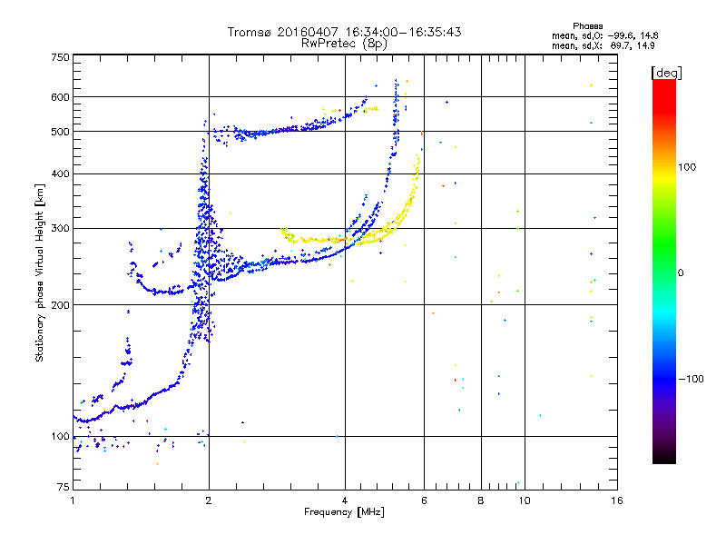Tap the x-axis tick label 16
point(616,500)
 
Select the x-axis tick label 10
point(524,500)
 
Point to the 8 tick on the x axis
point(481,500)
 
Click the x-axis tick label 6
point(425,500)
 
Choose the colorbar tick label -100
point(693,379)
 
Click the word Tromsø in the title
point(250,32)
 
